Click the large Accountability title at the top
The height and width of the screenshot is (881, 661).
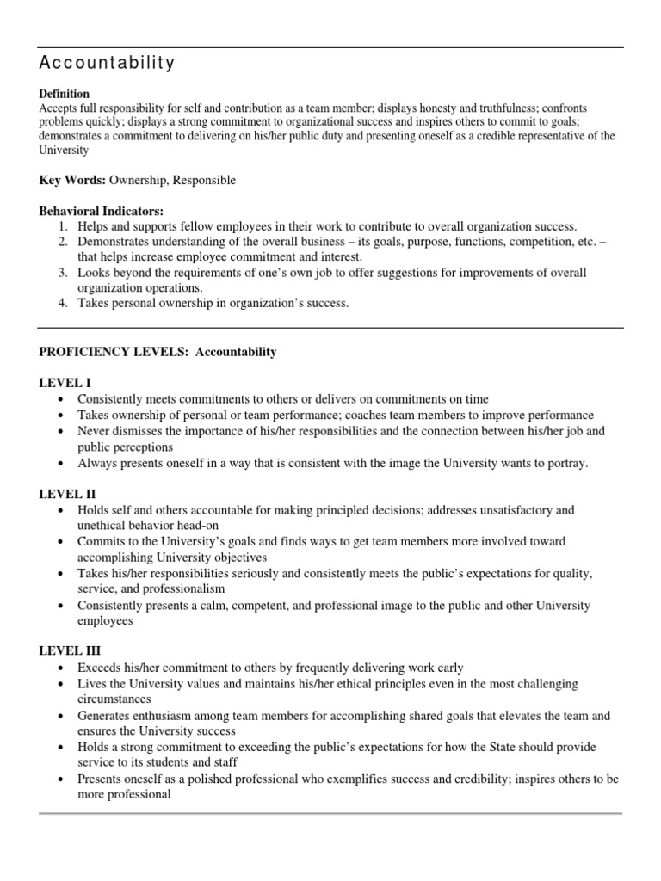point(108,63)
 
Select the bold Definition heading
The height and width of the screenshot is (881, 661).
point(65,93)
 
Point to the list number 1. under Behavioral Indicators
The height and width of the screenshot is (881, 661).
point(63,225)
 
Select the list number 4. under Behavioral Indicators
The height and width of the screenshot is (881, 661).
point(63,302)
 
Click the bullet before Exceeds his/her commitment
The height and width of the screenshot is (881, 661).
point(59,668)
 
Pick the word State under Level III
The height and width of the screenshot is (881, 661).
point(492,747)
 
